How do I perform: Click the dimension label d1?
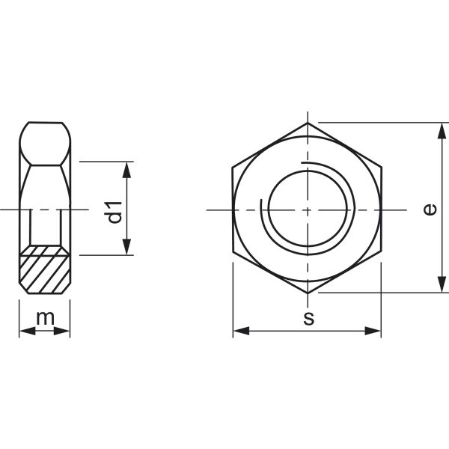point(114,211)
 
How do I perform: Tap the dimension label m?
point(46,317)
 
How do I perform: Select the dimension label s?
point(308,318)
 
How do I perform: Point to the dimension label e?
point(428,210)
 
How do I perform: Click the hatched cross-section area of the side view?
point(45,270)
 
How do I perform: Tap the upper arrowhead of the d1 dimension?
point(127,168)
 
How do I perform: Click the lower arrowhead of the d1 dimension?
point(127,248)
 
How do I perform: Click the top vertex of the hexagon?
point(308,122)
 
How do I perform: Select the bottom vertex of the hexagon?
point(308,293)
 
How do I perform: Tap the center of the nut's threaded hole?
point(308,210)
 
